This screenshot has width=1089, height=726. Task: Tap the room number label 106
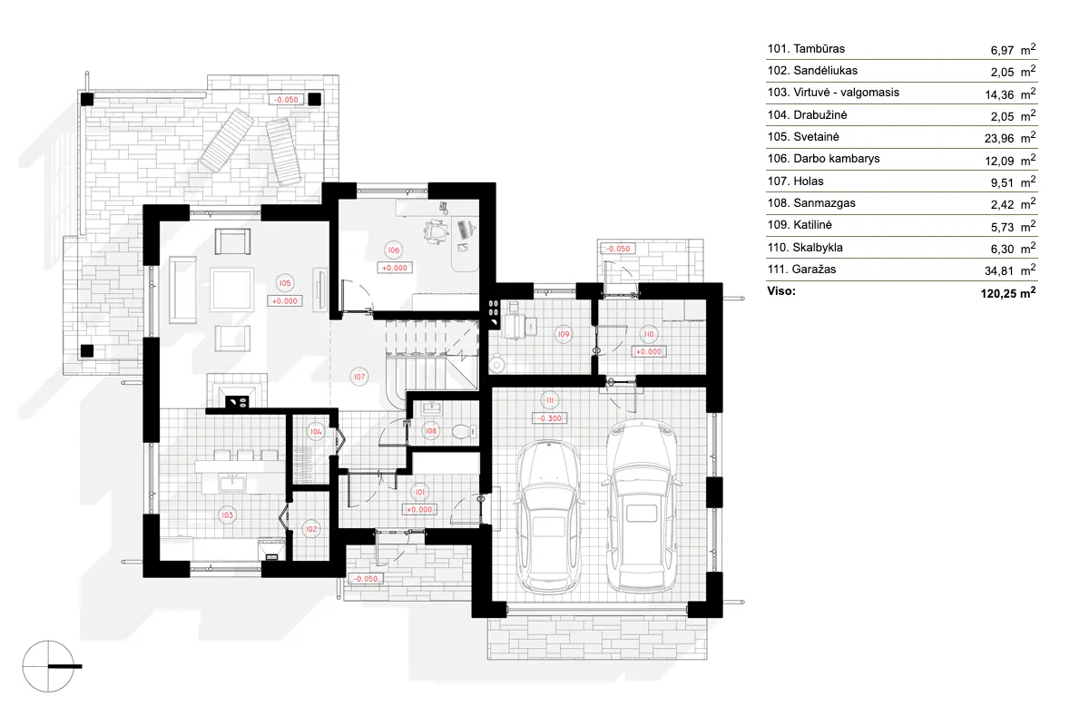click(x=393, y=250)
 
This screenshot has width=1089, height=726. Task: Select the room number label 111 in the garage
click(x=549, y=400)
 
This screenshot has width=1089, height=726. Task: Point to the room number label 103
click(x=227, y=515)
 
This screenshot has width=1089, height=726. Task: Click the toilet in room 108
click(x=462, y=431)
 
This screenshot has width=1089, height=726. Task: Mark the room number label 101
click(x=419, y=492)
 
